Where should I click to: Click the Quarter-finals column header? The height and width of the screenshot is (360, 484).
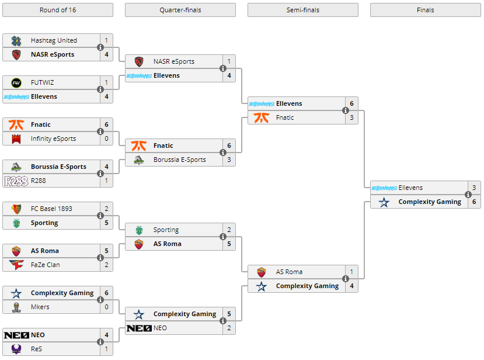[x=180, y=10]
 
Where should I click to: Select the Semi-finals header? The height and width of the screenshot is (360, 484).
[x=303, y=10]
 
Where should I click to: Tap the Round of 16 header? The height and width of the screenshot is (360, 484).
[x=58, y=10]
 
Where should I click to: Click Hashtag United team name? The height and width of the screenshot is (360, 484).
[x=54, y=40]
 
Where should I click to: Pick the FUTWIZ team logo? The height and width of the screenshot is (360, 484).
[x=16, y=83]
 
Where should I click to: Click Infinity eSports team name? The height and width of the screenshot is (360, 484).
[x=53, y=139]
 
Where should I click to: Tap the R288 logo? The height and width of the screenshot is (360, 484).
[x=16, y=181]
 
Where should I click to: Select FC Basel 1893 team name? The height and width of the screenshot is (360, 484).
[x=51, y=209]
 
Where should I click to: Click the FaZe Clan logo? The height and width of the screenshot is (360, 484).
[x=16, y=265]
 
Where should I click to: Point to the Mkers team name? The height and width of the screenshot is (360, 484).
[x=40, y=307]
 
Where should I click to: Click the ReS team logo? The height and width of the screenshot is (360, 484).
[x=16, y=349]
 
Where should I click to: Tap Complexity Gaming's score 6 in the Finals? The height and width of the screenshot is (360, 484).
[x=474, y=202]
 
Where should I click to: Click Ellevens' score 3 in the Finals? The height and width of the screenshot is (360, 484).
[x=474, y=188]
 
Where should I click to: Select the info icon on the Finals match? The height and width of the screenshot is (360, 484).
[x=468, y=195]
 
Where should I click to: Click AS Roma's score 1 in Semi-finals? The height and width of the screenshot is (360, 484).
[x=351, y=272]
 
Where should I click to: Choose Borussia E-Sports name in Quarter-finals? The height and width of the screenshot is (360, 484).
[x=180, y=160]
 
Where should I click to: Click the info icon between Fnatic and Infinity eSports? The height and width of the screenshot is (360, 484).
[x=100, y=131]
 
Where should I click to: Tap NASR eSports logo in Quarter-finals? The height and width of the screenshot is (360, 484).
[x=139, y=61]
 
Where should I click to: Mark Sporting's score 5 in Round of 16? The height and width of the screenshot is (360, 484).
[x=106, y=223]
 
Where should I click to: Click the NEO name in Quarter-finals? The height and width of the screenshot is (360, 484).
[x=160, y=328]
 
